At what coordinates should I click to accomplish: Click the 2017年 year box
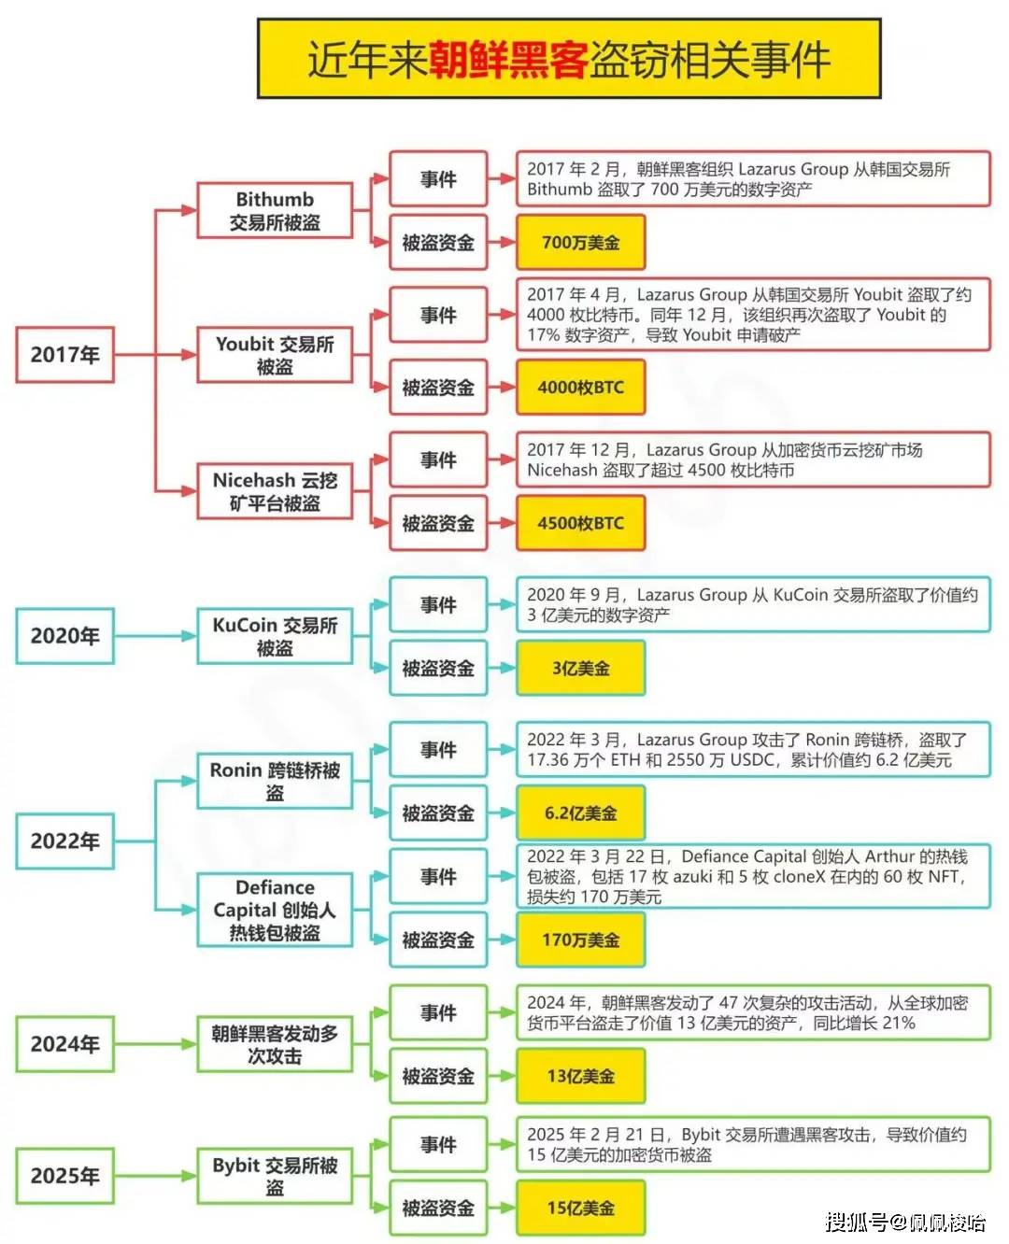pos(64,355)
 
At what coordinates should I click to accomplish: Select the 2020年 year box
pos(64,636)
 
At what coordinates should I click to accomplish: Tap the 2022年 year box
pos(64,841)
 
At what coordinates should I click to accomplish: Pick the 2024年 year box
pos(64,1044)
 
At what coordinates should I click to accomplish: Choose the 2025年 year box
pos(64,1176)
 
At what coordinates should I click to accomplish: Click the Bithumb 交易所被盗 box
pos(275,211)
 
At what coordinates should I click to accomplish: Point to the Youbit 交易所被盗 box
pos(275,355)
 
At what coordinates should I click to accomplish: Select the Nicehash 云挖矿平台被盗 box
pos(275,491)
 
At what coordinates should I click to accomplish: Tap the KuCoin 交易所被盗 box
pos(275,636)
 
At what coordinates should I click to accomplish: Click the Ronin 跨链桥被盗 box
pos(275,781)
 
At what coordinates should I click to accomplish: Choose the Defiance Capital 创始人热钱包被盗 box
pos(275,910)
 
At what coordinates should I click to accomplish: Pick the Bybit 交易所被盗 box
pos(275,1176)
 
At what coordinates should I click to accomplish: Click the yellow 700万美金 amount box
pos(580,243)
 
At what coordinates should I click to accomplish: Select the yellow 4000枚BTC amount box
pos(580,388)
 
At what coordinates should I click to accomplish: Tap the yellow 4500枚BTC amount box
pos(580,524)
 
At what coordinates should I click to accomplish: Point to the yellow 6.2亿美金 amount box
pos(580,813)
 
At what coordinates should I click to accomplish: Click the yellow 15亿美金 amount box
pos(580,1209)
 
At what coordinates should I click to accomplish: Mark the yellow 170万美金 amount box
pos(580,940)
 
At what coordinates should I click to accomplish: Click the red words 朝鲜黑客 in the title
pos(508,60)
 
